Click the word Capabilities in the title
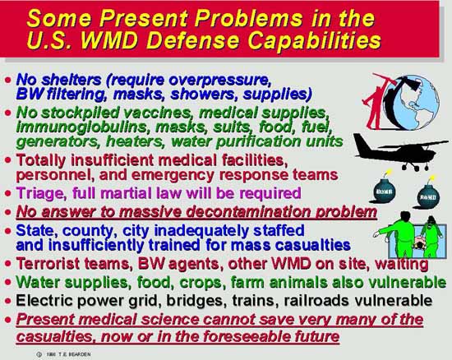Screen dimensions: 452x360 coord(314,40)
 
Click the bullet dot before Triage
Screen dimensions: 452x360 coord(8,193)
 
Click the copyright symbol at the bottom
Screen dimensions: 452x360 coord(39,354)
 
